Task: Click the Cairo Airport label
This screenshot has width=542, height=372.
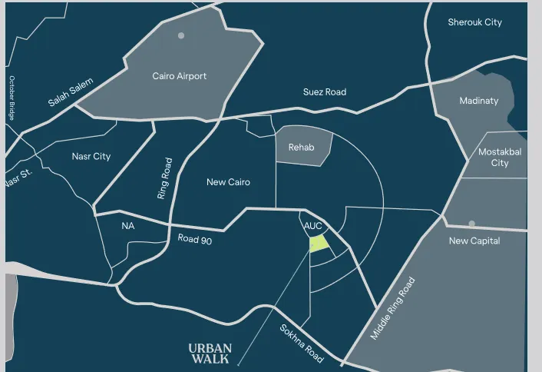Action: tap(180, 76)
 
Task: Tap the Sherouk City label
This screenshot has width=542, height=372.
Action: tap(474, 22)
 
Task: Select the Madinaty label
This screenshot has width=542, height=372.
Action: tap(478, 101)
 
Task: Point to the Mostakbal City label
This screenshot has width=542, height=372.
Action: tap(500, 158)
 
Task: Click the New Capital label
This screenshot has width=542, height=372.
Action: tap(474, 241)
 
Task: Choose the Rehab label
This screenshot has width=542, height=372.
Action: tap(301, 147)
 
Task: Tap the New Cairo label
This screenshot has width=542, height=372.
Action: tap(228, 182)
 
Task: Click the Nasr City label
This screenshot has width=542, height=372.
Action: tap(91, 156)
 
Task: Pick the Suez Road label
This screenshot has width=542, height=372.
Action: tap(324, 92)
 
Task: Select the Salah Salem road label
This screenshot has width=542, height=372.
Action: tap(71, 92)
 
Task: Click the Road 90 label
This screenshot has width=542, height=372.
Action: tap(194, 239)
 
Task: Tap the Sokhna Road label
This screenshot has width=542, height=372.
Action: tap(301, 344)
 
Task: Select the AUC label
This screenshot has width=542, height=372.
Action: tap(312, 226)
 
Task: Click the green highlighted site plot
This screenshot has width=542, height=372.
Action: tap(319, 244)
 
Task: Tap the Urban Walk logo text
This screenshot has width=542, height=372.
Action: tap(210, 353)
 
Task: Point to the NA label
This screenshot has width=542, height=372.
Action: tap(127, 226)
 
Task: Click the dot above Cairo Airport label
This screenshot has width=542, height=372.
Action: tap(181, 35)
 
